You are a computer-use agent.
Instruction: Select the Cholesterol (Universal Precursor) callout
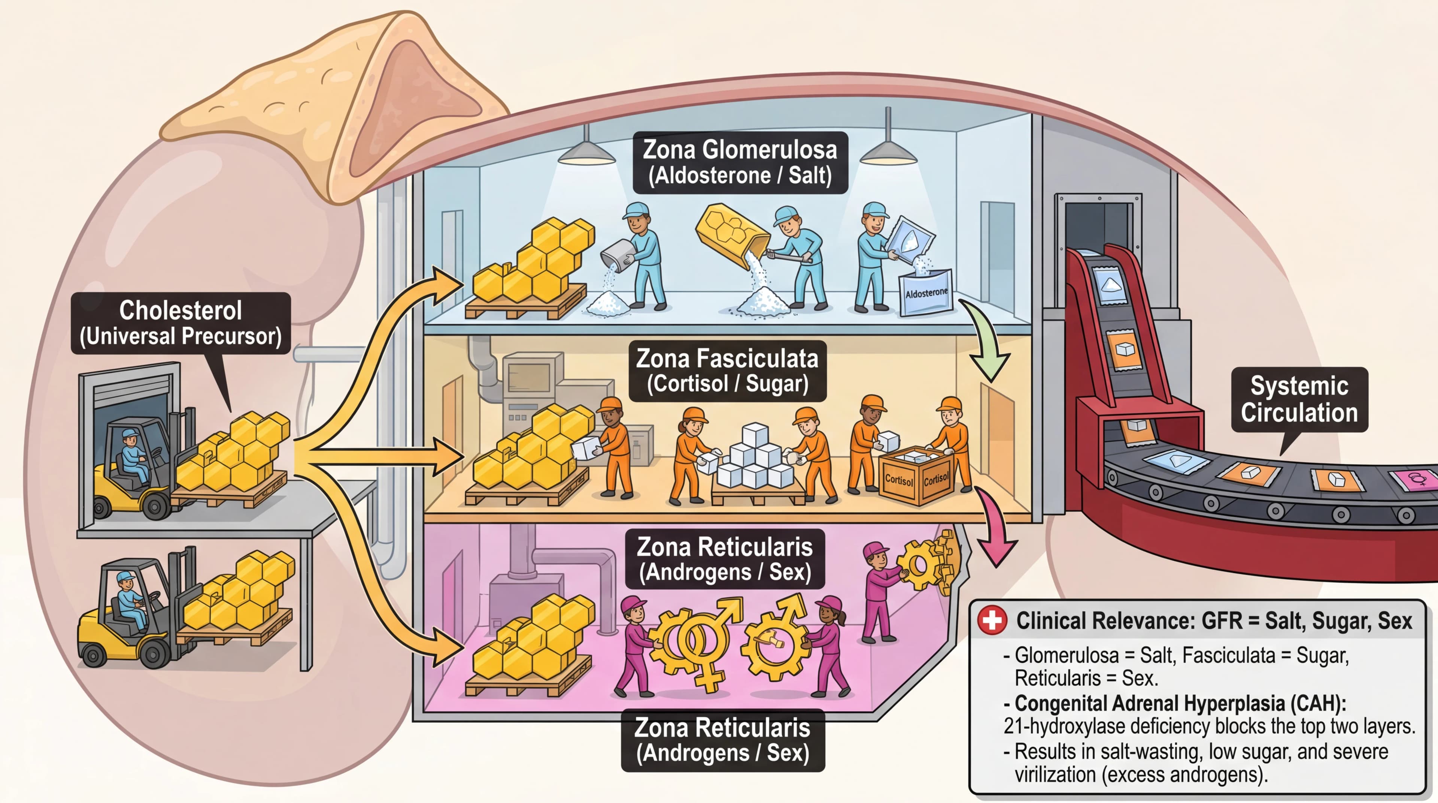[x=180, y=323]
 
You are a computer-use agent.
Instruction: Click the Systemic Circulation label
[x=1299, y=399]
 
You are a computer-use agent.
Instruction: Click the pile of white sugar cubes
[x=754, y=458]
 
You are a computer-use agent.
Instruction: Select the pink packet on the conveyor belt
[x=1415, y=479]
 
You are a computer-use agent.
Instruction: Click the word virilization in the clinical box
[x=1055, y=775]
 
